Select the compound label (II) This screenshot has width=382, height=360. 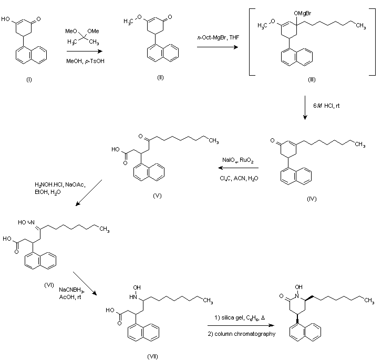[x=160, y=77]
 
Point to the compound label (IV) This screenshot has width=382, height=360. [x=313, y=200]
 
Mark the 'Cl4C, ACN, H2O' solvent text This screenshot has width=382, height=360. [x=239, y=179]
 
